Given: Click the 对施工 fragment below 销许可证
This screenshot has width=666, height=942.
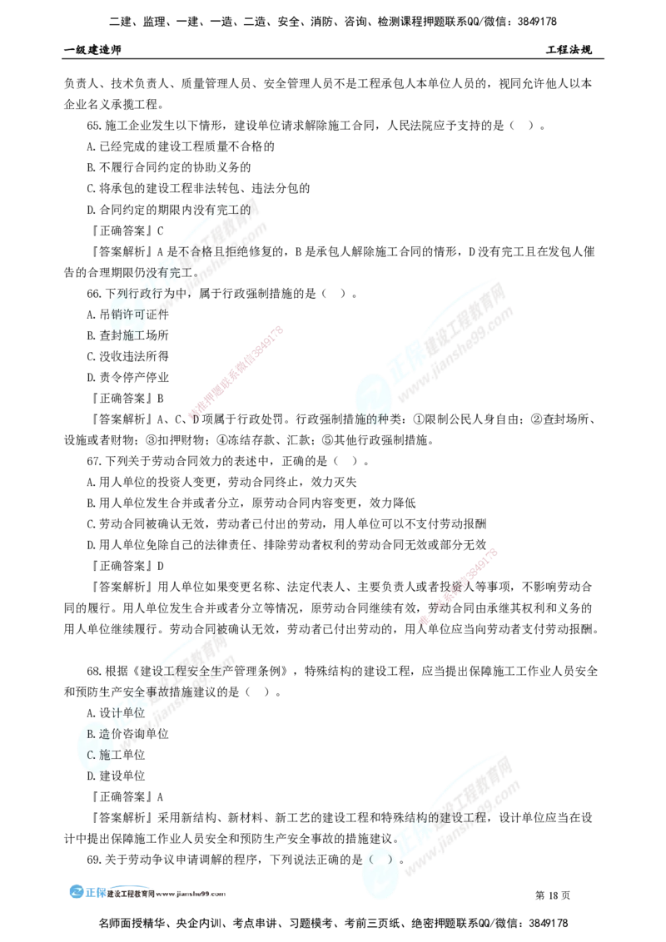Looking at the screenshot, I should tap(123, 335).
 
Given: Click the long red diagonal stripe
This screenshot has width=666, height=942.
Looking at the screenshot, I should tap(237, 371).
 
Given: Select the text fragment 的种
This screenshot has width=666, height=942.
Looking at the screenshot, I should tap(370, 419).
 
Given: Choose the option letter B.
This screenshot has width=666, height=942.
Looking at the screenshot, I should tap(91, 734).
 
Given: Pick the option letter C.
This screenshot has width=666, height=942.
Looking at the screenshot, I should tap(91, 755).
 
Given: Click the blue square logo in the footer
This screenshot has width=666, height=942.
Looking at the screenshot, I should tap(77, 891).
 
